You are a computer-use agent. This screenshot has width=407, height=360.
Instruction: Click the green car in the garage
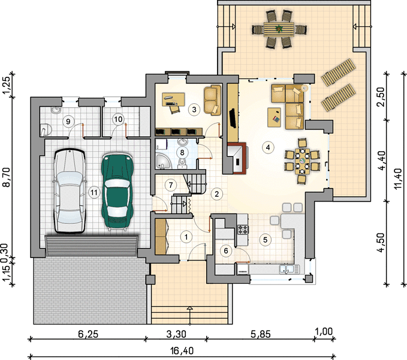117,191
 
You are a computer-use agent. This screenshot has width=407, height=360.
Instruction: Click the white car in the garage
70,191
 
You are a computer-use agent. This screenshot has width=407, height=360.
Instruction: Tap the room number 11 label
94,193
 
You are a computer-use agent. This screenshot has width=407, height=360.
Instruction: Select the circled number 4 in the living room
268,148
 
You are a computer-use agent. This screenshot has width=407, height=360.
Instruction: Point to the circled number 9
68,121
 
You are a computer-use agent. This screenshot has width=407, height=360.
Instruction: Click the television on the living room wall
233,118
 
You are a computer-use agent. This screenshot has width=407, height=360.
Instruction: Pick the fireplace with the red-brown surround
237,158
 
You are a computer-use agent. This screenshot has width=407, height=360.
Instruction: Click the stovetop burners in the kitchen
243,229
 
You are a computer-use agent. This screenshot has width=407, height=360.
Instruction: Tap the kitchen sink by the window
289,269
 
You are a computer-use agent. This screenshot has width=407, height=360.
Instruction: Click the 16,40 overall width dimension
182,351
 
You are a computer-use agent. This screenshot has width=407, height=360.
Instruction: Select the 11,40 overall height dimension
397,179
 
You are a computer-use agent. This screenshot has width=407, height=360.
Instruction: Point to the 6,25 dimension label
88,334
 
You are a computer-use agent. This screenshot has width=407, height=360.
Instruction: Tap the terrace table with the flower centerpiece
279,29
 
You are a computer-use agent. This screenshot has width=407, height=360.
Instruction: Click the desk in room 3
173,100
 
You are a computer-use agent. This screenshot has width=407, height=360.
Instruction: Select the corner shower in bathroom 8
163,161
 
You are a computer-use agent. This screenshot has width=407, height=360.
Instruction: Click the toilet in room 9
46,130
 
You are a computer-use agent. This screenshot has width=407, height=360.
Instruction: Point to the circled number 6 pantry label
226,251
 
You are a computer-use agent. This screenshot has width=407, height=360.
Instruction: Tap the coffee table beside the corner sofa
274,118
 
